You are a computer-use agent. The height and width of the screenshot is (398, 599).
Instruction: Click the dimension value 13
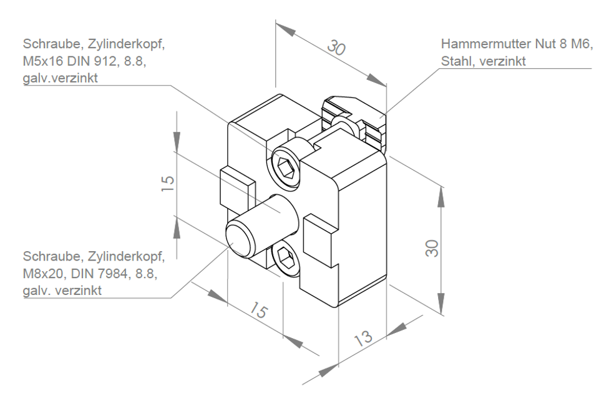363,337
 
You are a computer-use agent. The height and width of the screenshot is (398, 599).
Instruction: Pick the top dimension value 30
336,47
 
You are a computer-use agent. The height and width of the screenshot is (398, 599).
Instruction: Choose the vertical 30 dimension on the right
432,249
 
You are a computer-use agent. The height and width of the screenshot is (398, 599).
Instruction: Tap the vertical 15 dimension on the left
168,184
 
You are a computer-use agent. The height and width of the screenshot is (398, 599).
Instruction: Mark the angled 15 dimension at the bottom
259,310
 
